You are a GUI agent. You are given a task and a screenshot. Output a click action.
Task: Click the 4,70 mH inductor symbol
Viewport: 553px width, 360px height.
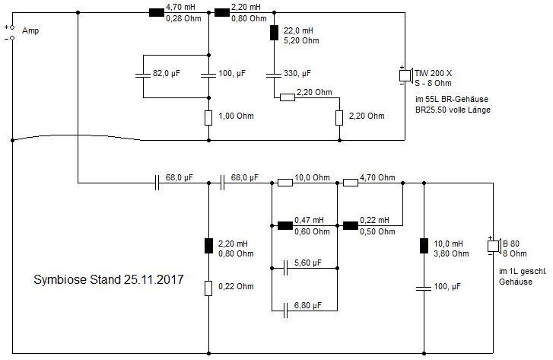pos(156,12)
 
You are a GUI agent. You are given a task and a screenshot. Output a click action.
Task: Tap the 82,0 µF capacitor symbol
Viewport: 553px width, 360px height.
pos(142,75)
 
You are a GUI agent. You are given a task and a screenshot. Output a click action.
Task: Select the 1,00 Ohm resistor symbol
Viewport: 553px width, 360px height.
pos(208,118)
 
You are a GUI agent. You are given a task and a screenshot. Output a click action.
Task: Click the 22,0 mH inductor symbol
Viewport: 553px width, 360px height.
pos(274,33)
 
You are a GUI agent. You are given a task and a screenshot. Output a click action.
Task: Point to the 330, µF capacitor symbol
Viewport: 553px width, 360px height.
pos(274,75)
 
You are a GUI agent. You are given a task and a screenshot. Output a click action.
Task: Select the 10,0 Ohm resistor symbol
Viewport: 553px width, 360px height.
pos(285,183)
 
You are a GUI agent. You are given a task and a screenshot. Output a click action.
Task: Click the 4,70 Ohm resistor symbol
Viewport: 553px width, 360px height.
pos(351,183)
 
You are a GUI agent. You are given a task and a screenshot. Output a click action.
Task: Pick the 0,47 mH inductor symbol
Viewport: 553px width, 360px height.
pos(285,225)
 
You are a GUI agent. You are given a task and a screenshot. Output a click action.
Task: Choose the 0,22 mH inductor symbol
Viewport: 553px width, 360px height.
pos(351,225)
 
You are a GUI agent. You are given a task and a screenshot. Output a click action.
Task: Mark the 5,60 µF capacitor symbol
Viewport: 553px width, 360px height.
pos(285,268)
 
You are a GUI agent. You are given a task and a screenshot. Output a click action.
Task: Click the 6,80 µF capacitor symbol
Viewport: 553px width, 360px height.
pos(285,311)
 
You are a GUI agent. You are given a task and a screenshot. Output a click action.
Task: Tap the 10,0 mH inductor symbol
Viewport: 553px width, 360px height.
pos(423,246)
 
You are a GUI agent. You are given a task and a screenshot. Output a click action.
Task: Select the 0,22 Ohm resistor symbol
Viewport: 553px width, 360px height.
pos(208,288)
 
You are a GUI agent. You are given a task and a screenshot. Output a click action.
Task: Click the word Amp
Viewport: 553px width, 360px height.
pos(30,31)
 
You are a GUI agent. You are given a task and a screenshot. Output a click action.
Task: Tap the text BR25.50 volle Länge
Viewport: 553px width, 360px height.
pos(453,110)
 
